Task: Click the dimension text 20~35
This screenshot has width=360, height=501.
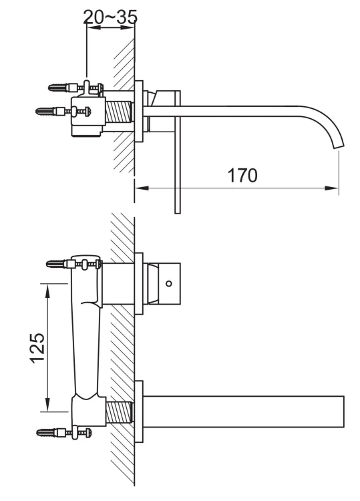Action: tap(110, 17)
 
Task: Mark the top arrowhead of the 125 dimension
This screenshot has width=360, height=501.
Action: tap(47, 288)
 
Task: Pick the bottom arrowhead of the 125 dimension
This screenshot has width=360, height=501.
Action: tap(47, 405)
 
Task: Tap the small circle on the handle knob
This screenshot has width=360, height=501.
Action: tap(168, 283)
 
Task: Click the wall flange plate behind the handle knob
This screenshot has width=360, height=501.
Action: tap(140, 283)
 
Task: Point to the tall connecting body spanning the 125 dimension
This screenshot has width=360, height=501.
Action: tap(87, 341)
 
